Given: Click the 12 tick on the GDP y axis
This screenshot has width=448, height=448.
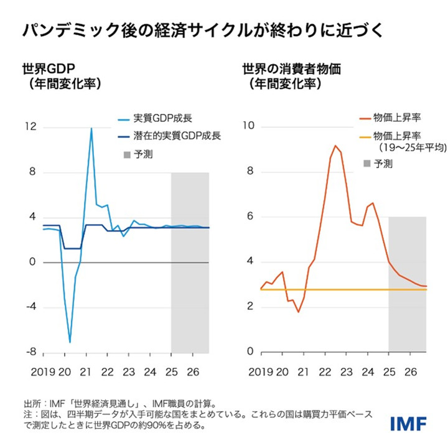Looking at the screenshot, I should (x=30, y=127).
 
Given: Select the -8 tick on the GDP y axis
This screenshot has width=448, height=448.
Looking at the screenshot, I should (x=30, y=352).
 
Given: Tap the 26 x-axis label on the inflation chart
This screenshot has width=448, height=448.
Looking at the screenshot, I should (x=411, y=373).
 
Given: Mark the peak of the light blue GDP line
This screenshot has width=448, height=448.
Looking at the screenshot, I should (x=91, y=128).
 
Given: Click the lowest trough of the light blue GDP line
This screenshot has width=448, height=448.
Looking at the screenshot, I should (x=70, y=342).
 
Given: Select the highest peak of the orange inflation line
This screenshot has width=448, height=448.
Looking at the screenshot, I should (x=335, y=146).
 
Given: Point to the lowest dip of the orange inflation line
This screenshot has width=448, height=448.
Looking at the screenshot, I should (x=298, y=312).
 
